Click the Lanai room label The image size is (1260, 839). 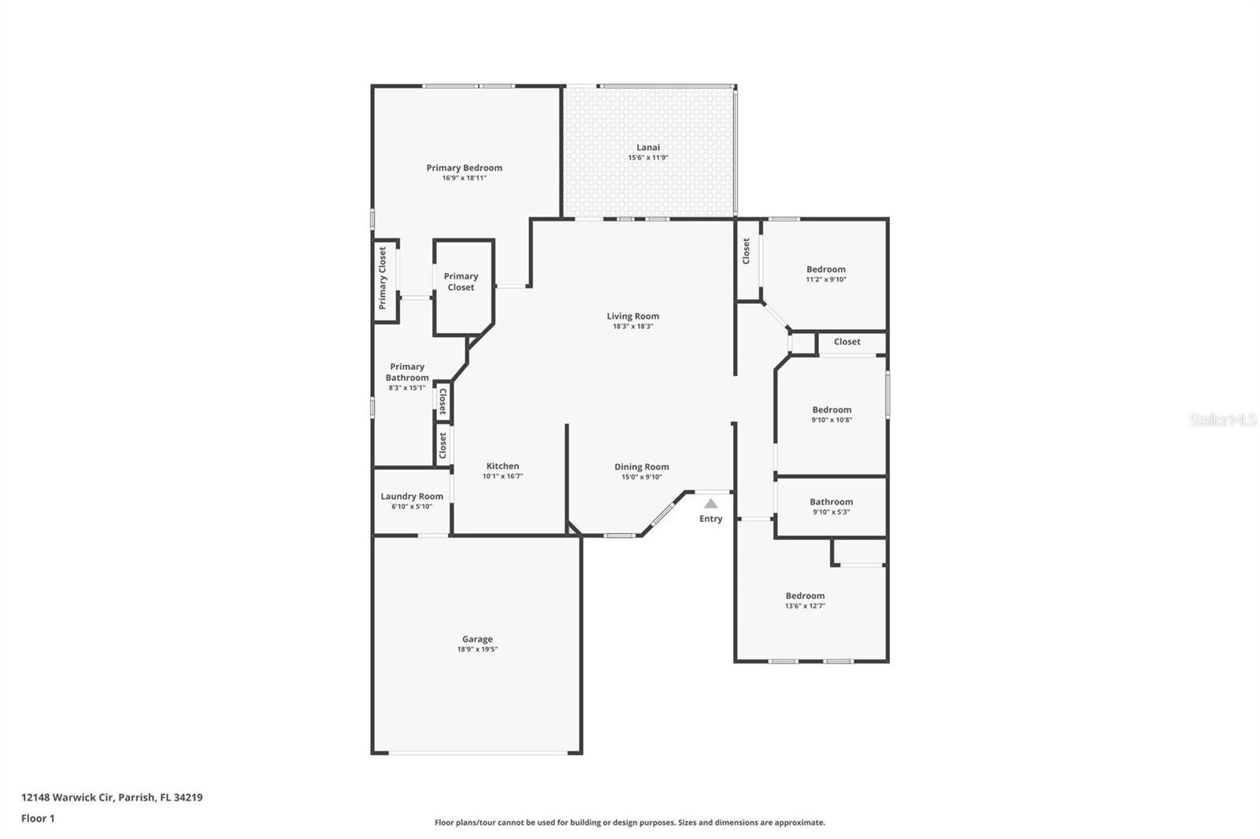click(x=648, y=147)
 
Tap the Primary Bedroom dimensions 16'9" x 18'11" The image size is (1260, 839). click(x=464, y=178)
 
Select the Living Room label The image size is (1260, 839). click(x=633, y=316)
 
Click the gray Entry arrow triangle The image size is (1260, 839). click(x=711, y=503)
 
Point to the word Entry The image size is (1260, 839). click(x=711, y=519)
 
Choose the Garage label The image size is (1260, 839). click(x=477, y=639)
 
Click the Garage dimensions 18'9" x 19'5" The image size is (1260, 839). click(x=477, y=649)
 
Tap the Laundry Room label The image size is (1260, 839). click(x=412, y=496)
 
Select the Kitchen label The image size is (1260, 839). click(x=503, y=466)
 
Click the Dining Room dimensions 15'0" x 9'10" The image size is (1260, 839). click(x=642, y=478)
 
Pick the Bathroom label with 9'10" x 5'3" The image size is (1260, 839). click(x=832, y=501)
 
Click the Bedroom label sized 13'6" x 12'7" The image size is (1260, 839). click(x=806, y=596)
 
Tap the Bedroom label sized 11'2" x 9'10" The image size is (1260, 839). click(x=826, y=269)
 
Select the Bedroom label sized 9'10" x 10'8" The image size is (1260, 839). click(x=832, y=410)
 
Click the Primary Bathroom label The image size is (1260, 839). click(x=407, y=372)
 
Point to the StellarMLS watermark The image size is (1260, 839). click(x=1222, y=419)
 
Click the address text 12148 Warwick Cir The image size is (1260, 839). click(x=68, y=797)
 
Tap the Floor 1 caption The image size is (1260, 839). click(x=38, y=819)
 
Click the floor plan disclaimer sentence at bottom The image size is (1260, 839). click(x=630, y=822)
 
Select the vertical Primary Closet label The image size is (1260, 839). click(x=383, y=278)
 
